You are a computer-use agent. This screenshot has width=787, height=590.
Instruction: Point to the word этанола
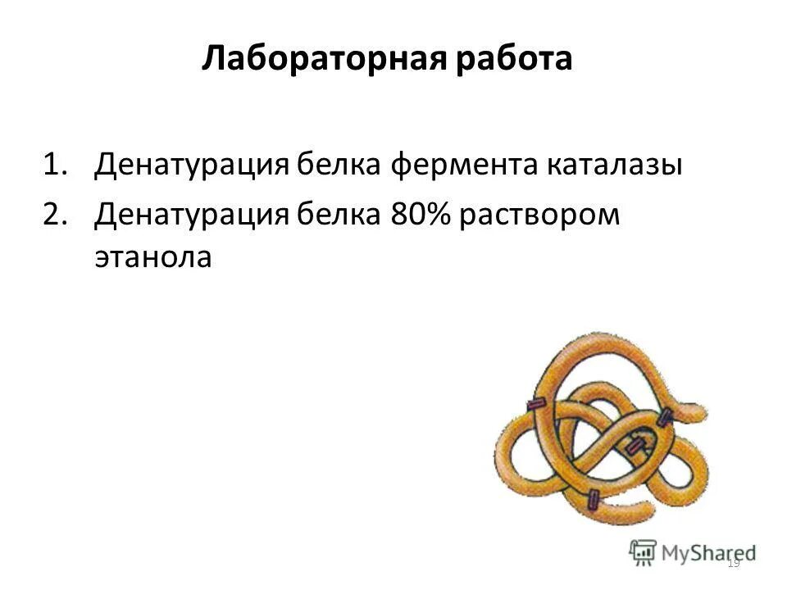tap(153, 257)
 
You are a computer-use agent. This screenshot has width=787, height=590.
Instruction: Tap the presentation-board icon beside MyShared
tap(643, 551)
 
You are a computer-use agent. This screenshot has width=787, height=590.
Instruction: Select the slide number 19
tap(733, 563)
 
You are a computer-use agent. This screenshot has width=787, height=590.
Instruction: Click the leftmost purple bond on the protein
tap(537, 405)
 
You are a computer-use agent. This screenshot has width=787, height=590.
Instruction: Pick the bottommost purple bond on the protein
tap(593, 499)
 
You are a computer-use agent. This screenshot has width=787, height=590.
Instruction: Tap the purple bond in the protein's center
tap(635, 447)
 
